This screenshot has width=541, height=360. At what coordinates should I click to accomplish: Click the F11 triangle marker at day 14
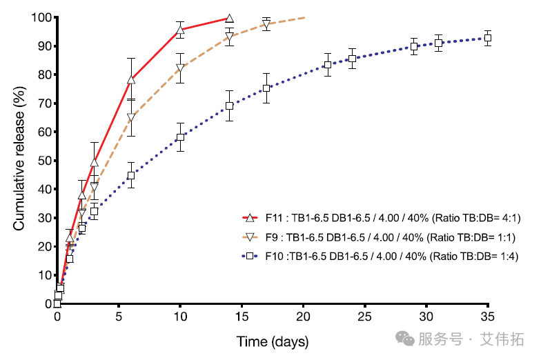(230, 19)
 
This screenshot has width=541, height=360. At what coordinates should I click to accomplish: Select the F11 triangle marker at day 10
(180, 30)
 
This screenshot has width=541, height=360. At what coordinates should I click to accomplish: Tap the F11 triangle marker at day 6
(131, 80)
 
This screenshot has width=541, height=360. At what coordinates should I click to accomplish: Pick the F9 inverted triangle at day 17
(266, 26)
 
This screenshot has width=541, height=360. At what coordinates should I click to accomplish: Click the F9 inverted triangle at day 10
(180, 68)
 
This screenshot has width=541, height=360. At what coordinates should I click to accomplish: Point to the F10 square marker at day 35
(487, 39)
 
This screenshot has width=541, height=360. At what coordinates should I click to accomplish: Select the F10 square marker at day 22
(328, 65)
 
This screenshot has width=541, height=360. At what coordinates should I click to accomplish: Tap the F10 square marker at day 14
(229, 106)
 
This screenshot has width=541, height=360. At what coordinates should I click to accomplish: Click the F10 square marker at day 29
(414, 47)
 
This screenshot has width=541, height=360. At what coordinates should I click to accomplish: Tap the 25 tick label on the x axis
(364, 318)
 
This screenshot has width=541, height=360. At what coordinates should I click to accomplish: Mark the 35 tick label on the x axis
(488, 318)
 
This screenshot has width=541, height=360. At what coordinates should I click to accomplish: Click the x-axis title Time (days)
(273, 341)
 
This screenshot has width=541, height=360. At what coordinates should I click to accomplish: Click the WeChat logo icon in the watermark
(401, 339)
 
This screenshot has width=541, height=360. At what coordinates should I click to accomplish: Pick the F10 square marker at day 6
(131, 176)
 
